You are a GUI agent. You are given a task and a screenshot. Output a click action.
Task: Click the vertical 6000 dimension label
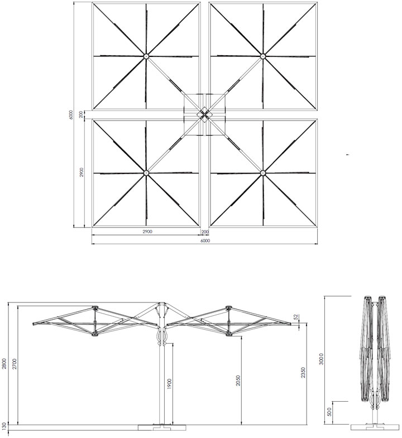click(x=71, y=115)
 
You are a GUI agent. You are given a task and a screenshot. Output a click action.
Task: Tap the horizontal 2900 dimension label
click(x=147, y=232)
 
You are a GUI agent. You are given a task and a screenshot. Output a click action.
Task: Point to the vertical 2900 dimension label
click(x=82, y=172)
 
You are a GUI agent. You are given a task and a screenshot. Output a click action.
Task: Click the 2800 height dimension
click(x=4, y=364)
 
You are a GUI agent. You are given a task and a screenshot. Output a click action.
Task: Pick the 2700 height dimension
click(x=15, y=364)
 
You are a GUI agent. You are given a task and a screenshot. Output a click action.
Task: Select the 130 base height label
click(x=4, y=426)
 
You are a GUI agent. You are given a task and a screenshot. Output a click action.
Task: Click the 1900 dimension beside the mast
click(x=169, y=384)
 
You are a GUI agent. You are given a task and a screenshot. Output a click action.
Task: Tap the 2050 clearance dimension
click(x=238, y=380)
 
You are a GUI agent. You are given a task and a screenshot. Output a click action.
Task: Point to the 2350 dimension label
click(x=303, y=373)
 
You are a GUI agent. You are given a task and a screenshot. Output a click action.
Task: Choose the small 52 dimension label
click(x=296, y=317)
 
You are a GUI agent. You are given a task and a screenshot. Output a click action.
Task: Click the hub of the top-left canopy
click(x=146, y=56)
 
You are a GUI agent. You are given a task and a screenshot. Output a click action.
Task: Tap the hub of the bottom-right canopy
click(x=262, y=173)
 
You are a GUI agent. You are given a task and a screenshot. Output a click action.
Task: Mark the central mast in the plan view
click(x=204, y=114)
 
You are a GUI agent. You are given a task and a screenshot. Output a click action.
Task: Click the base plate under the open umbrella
click(x=162, y=427)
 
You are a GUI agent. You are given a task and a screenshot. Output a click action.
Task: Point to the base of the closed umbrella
click(x=375, y=427)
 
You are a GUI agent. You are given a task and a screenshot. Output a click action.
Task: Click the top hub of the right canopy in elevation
click(x=229, y=308)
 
